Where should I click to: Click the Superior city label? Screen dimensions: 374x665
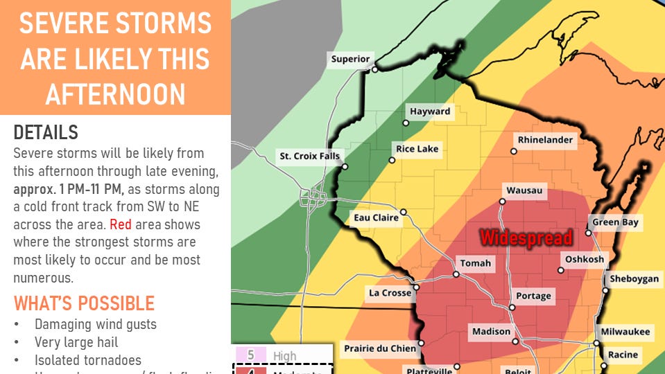350,59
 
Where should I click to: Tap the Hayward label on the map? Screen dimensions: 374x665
429,112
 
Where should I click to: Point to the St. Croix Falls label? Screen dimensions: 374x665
309,156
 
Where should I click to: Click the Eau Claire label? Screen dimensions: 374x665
376,217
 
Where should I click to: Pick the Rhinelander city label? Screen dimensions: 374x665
546,140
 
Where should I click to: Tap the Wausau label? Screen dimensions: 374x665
524,190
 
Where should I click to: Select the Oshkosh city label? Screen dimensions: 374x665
585,259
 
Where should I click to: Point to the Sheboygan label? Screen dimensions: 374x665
634,279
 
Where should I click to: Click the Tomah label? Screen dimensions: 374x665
476,263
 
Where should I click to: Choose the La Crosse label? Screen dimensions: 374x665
390,293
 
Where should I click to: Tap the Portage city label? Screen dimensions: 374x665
533,296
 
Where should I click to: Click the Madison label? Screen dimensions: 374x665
491,332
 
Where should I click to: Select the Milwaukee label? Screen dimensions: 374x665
625,332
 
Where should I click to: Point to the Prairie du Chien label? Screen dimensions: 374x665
379,348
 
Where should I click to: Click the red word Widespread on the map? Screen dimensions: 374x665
526,238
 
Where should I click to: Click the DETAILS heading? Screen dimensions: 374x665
46,132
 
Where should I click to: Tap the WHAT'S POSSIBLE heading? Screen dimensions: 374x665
84,303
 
